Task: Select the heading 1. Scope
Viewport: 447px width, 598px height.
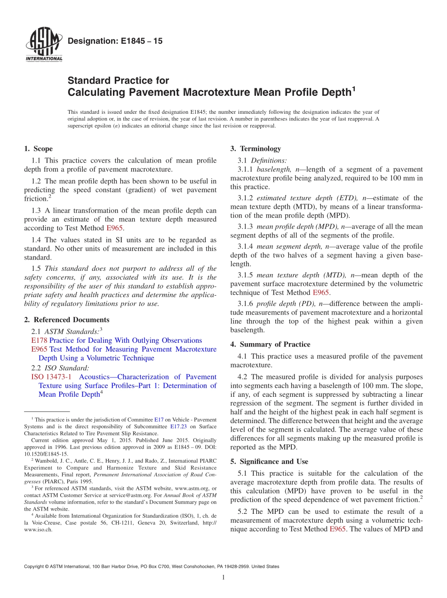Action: [x=38, y=149]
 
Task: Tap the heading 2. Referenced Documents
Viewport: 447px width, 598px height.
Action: [x=66, y=320]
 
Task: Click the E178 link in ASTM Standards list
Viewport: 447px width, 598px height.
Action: [x=39, y=340]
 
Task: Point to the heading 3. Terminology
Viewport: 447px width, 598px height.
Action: [x=255, y=149]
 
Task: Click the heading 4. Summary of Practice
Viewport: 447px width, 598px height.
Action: [x=270, y=344]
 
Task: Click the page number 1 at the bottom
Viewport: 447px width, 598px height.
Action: [x=223, y=577]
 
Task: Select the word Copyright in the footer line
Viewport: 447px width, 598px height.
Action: [x=35, y=567]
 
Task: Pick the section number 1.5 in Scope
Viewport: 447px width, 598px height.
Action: [x=36, y=268]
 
